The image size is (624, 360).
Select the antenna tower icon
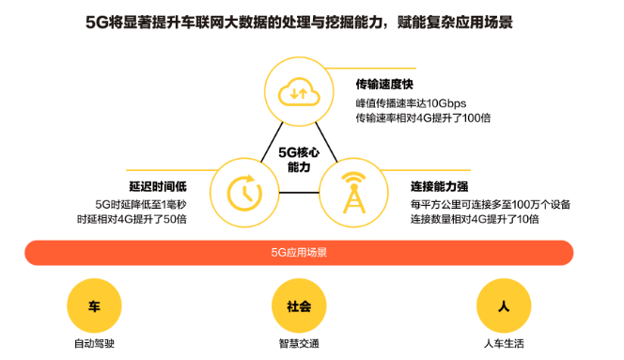click(354, 192)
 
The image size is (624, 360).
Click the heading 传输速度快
click(385, 84)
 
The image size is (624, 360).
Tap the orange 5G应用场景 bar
click(299, 253)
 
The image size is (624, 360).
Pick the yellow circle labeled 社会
click(299, 306)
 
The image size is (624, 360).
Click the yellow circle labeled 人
click(504, 306)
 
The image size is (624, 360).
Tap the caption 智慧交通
click(299, 344)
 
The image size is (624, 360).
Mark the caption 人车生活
click(504, 344)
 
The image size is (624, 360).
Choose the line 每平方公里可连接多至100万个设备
click(490, 203)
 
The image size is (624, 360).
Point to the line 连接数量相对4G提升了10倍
click(475, 219)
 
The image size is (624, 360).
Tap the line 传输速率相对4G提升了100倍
click(423, 117)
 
